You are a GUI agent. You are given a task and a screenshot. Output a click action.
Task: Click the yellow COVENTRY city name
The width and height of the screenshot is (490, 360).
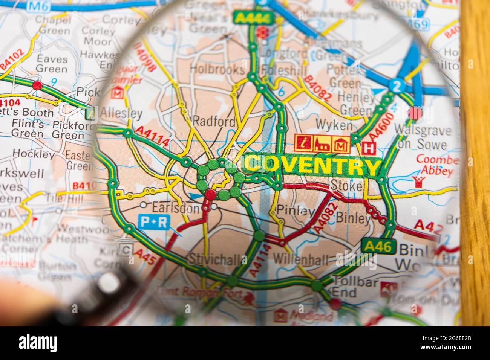pyautogui.click(x=311, y=166)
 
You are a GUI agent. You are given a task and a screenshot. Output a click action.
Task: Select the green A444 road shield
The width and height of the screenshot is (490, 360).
pyautogui.click(x=248, y=17)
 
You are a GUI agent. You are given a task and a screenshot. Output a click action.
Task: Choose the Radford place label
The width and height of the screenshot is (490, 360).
pyautogui.click(x=214, y=122)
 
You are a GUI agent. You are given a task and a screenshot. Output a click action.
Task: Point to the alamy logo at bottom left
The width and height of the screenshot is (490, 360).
pyautogui.click(x=38, y=343)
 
